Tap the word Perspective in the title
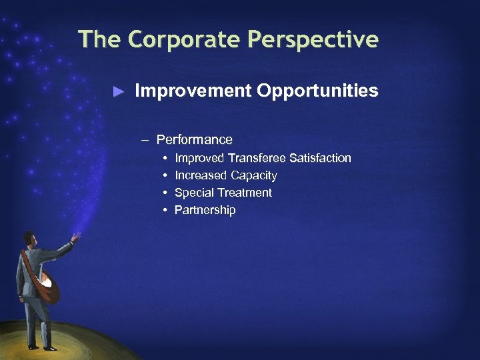313,39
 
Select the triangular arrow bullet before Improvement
119,91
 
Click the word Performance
194,140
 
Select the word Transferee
257,158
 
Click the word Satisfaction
320,158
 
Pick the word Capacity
254,175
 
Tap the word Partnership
205,210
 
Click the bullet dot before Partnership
165,210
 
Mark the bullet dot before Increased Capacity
165,175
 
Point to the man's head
29,238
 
